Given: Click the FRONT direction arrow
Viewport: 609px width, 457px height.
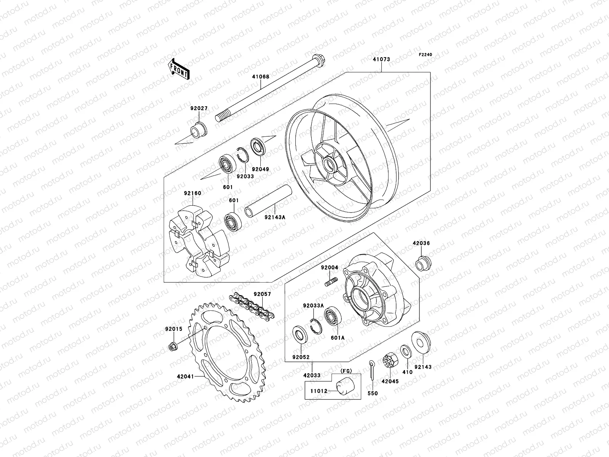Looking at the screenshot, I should click(x=184, y=69).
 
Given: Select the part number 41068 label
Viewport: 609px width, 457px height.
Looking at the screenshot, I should click(x=260, y=77).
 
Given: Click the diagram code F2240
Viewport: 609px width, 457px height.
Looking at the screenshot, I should click(x=426, y=55).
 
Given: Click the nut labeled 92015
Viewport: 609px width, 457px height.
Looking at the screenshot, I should click(x=172, y=347).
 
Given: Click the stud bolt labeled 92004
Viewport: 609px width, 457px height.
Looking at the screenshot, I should click(x=331, y=283).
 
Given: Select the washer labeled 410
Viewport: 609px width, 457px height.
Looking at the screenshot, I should click(x=405, y=351).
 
